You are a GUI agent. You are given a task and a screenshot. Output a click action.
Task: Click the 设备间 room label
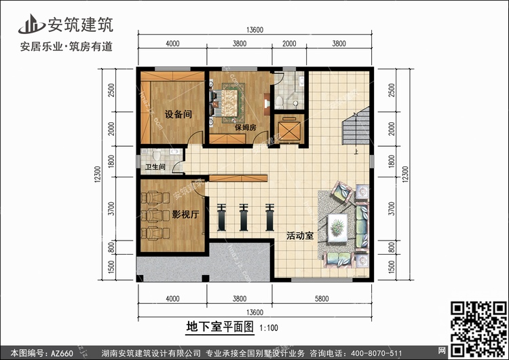178,114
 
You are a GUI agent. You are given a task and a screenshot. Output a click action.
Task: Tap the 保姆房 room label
246,128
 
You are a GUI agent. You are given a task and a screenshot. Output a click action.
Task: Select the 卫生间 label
155,166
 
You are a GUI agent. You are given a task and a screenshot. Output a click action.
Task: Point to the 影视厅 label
185,214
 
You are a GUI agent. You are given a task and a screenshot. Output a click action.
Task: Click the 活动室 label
300,236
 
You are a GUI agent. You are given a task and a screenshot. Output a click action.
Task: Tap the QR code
479,329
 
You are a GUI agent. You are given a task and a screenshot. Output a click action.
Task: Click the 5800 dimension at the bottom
322,299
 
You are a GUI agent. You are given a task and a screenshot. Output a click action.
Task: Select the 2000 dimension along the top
289,43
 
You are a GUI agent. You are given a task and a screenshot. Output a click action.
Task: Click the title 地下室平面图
220,327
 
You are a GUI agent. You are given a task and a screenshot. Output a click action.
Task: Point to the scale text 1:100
269,328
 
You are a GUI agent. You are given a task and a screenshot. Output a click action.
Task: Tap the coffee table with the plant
337,228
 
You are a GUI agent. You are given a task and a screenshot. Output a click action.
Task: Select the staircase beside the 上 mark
356,126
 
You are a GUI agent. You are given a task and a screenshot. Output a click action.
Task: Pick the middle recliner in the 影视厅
155,215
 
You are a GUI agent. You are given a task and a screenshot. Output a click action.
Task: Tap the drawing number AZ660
62,353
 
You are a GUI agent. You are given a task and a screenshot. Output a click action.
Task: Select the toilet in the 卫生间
157,155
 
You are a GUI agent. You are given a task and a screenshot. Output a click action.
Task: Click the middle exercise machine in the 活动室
244,217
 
